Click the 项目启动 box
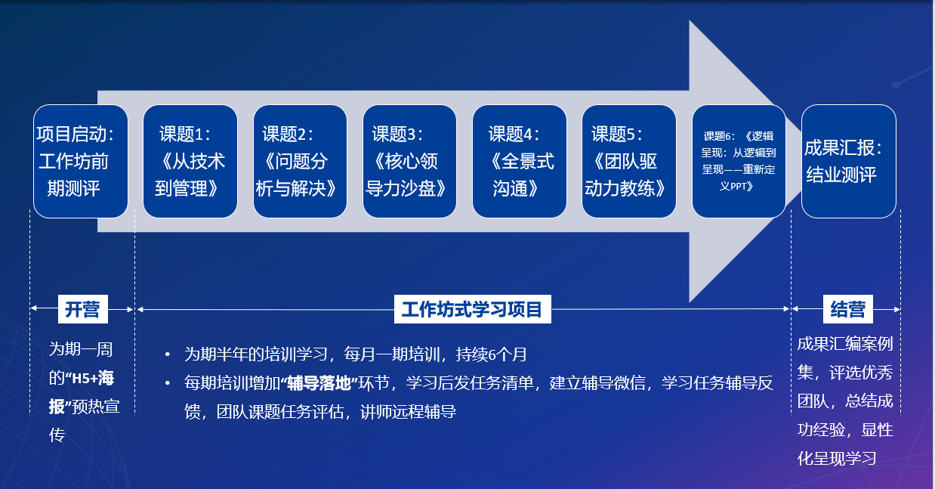pyautogui.click(x=81, y=161)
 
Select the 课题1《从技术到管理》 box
pyautogui.click(x=190, y=161)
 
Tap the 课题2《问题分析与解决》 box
pyautogui.click(x=300, y=161)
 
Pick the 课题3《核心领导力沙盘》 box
pyautogui.click(x=409, y=161)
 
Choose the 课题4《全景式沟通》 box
pyautogui.click(x=520, y=161)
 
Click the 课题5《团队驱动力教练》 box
pyautogui.click(x=629, y=161)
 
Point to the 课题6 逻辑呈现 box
pyautogui.click(x=739, y=161)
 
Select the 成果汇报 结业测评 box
pyautogui.click(x=849, y=161)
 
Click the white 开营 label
pyautogui.click(x=82, y=309)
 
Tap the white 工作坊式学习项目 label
pyautogui.click(x=473, y=309)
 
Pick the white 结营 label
pyautogui.click(x=847, y=309)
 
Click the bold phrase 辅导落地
pyautogui.click(x=319, y=383)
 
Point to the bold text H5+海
pyautogui.click(x=93, y=379)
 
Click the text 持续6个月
pyautogui.click(x=492, y=354)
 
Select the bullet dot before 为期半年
pyautogui.click(x=168, y=355)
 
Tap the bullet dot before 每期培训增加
pyautogui.click(x=168, y=383)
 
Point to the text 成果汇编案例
pyautogui.click(x=845, y=344)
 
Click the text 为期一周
pyautogui.click(x=81, y=349)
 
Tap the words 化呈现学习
pyautogui.click(x=837, y=459)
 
